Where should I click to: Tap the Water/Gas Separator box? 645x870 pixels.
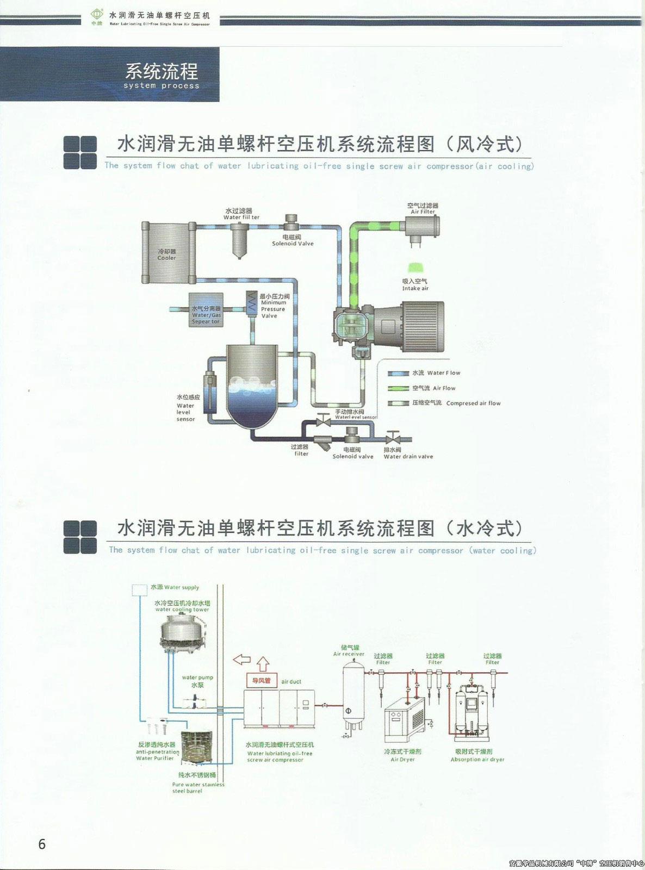coord(206,309)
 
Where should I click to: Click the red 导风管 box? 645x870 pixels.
coord(262,681)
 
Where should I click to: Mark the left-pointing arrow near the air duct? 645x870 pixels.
coord(241,660)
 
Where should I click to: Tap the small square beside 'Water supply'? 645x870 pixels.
coord(140,588)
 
